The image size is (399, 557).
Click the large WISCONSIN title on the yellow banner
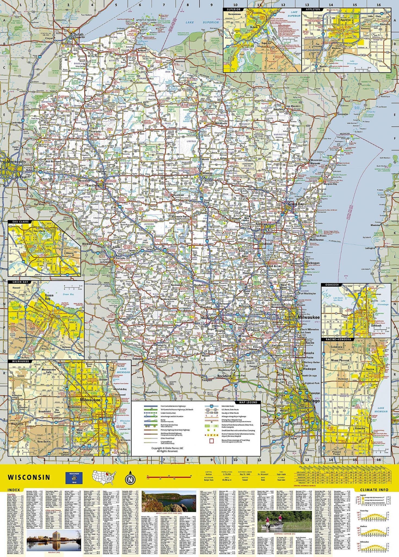point(29,477)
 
